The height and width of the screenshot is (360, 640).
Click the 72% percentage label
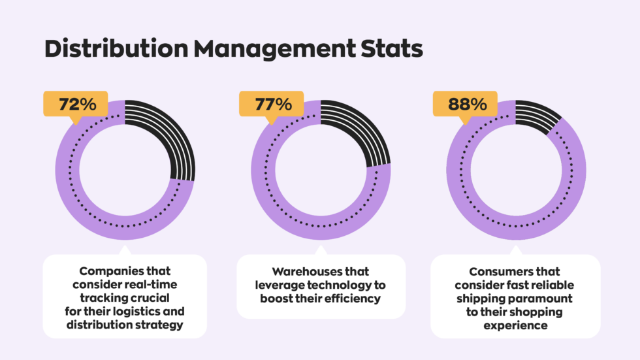75,104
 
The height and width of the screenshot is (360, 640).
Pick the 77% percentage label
271,104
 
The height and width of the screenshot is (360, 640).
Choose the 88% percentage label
467,104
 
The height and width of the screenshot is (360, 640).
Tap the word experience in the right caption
516,325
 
